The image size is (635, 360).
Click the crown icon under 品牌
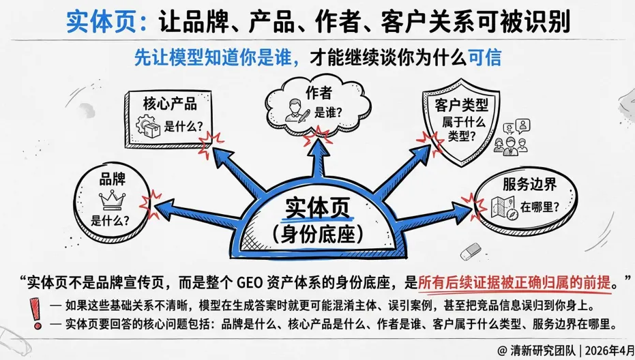(x=110, y=200)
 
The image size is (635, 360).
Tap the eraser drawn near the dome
(x=471, y=252)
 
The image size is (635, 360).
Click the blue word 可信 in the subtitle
(x=485, y=57)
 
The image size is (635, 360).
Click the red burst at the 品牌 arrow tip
(x=151, y=200)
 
